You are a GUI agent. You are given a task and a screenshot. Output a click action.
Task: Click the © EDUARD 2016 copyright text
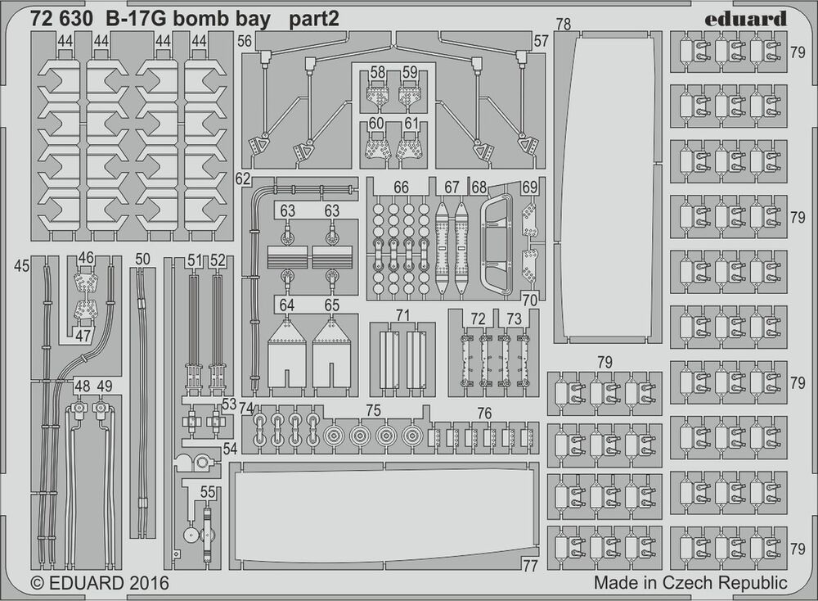[99, 584]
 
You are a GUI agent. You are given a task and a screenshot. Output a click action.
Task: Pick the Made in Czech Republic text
[690, 584]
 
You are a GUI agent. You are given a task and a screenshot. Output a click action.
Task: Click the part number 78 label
[563, 25]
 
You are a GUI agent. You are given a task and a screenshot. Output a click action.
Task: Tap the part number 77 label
[530, 565]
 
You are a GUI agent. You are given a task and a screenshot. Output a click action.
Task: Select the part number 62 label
[242, 178]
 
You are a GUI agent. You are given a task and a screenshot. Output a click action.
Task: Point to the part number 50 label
[143, 260]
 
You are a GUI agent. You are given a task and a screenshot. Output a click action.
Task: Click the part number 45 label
[22, 265]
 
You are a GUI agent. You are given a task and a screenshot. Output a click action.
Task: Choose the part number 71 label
[402, 315]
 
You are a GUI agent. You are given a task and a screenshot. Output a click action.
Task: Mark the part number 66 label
[401, 188]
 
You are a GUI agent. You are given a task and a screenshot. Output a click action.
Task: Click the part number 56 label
[245, 41]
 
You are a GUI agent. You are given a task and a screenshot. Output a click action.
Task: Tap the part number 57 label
[541, 41]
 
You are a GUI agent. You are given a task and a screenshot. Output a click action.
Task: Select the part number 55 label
[208, 493]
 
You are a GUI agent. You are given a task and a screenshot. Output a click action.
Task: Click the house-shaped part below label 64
[286, 354]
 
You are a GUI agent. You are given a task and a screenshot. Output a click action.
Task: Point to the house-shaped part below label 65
[331, 354]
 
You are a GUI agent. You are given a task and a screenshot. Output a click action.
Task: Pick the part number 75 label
[373, 410]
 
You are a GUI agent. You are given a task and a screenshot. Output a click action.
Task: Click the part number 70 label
[530, 300]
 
